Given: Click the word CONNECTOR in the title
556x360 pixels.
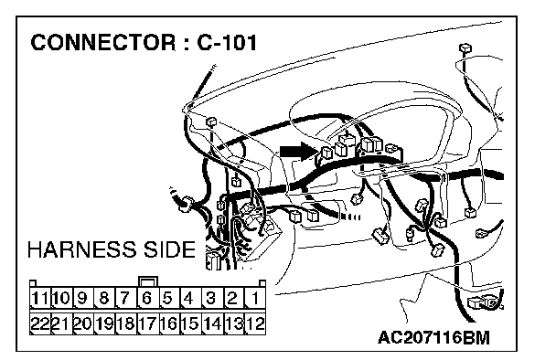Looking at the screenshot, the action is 102,43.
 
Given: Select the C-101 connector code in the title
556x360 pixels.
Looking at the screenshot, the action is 227,43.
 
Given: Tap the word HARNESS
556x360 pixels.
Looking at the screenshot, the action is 81,249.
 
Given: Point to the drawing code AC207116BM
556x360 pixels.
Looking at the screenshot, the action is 433,337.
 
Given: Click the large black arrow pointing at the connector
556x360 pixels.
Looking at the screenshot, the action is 298,152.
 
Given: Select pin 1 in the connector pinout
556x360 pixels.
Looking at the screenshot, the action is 255,298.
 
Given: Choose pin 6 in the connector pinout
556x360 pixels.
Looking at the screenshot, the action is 147,298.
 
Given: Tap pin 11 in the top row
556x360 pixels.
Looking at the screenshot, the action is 39,298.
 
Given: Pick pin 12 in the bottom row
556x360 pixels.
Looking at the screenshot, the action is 255,323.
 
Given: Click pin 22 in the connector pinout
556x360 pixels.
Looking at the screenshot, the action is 39,323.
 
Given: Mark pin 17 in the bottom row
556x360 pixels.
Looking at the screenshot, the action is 147,323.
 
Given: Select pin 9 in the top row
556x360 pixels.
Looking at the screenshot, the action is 82,298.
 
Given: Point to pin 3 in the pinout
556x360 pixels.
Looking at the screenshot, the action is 211,298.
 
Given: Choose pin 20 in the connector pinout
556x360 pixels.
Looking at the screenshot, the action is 82,323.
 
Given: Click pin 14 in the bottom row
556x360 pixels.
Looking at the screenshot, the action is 212,323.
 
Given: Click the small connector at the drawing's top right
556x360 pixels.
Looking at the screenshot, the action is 465,48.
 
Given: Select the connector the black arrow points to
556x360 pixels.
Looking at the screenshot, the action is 326,153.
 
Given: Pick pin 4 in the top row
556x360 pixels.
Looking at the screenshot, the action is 189,298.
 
